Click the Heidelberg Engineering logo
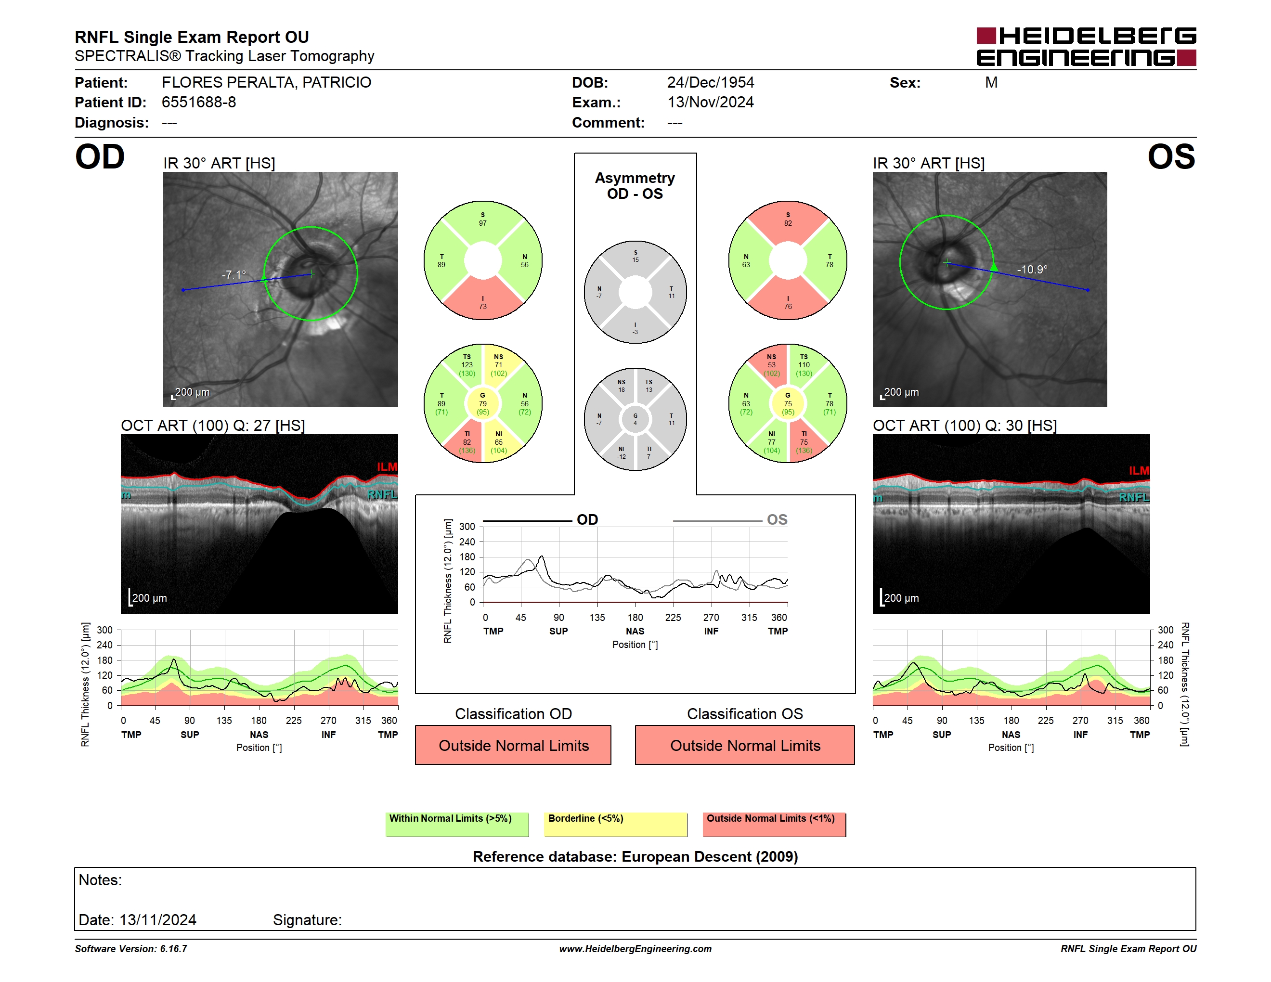click(x=1086, y=47)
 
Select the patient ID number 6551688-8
click(x=198, y=103)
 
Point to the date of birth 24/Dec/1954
click(x=710, y=83)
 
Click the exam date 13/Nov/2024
click(x=710, y=103)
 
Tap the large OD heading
click(x=100, y=157)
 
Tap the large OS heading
click(x=1171, y=157)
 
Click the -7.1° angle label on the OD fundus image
click(x=234, y=274)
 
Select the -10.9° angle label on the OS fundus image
click(x=1032, y=270)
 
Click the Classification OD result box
click(x=513, y=745)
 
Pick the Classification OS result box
click(x=744, y=745)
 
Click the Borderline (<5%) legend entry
click(x=615, y=824)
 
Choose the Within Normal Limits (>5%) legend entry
click(x=457, y=824)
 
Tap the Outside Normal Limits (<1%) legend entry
click(x=774, y=824)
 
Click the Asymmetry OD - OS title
click(x=635, y=186)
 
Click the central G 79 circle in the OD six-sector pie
click(x=482, y=403)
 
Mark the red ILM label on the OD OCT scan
click(x=387, y=466)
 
